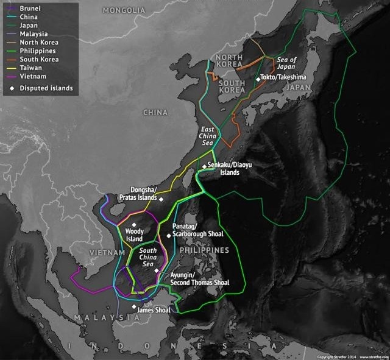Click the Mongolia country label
pos(124,10)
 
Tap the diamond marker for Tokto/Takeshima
pos(258,78)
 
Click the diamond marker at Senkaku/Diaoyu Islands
pos(204,165)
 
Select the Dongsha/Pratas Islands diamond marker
pos(162,199)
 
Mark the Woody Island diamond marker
pos(134,225)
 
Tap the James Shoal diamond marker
pos(134,306)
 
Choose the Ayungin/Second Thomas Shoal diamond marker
pos(157,270)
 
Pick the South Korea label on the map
pos(232,86)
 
